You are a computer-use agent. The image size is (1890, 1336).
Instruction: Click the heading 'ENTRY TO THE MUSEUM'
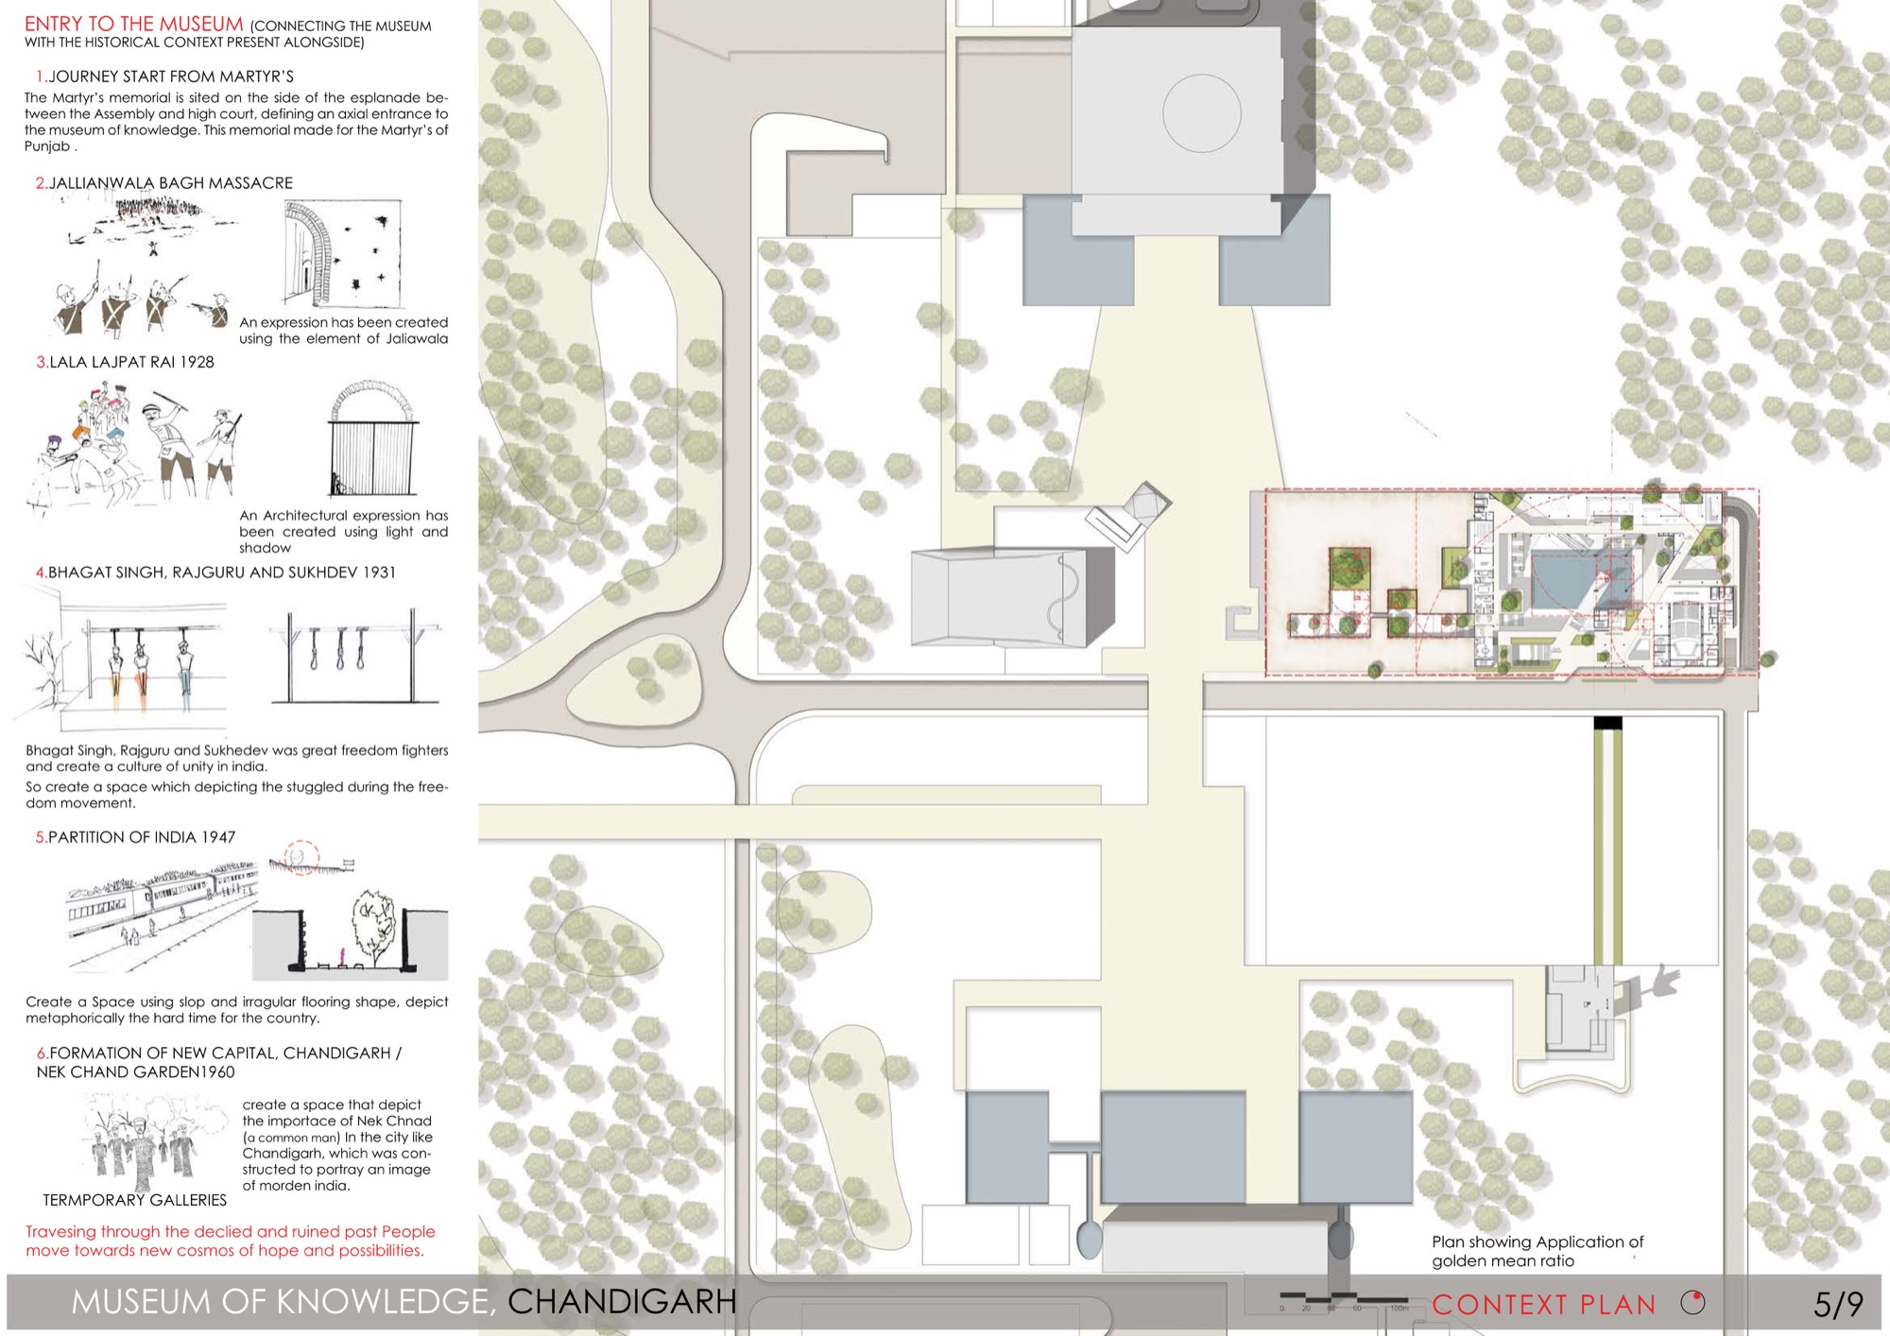tap(134, 25)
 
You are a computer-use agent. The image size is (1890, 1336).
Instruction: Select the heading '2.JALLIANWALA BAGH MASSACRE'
tap(164, 183)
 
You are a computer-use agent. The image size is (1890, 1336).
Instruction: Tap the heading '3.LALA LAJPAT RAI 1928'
tap(126, 362)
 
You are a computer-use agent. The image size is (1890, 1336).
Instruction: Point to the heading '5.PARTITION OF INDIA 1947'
tap(135, 837)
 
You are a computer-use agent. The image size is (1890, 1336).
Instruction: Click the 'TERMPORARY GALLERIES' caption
tap(135, 1200)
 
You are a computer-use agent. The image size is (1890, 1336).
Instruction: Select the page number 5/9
tap(1838, 1305)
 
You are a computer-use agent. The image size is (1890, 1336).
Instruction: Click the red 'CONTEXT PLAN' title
tap(1544, 1305)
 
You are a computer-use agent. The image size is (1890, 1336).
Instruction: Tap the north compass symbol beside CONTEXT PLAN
tap(1693, 1303)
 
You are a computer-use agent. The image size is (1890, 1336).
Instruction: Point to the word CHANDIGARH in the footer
tap(622, 1302)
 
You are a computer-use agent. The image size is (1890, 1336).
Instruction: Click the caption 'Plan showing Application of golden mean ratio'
tap(1538, 1251)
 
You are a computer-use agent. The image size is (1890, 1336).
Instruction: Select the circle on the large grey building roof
tap(1201, 112)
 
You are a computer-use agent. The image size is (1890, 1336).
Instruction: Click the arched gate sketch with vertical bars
tap(373, 437)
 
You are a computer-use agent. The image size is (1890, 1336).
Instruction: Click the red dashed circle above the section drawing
tap(301, 857)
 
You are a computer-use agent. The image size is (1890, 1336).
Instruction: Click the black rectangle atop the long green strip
tap(1607, 724)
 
